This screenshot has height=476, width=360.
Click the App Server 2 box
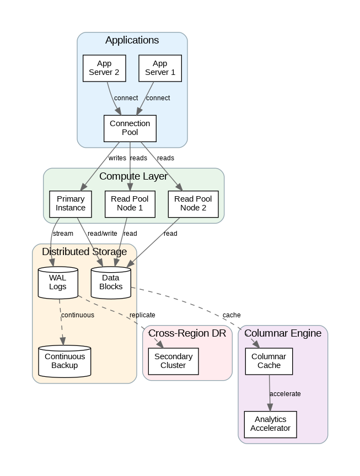click(104, 68)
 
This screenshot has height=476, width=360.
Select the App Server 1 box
click(160, 68)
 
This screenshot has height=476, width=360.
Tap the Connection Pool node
click(130, 128)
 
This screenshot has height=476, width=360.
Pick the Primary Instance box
click(71, 203)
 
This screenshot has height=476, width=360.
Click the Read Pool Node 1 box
click(130, 203)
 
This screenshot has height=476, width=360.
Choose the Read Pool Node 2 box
click(193, 203)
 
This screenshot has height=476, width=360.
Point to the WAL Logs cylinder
click(58, 283)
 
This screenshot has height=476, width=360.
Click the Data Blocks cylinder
click(111, 283)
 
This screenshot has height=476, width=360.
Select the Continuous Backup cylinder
click(65, 361)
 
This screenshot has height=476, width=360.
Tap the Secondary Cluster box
click(173, 361)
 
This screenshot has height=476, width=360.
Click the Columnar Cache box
click(269, 361)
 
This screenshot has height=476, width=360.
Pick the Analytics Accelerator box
click(270, 424)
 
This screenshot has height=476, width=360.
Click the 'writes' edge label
click(117, 158)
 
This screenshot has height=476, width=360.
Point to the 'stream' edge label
click(63, 234)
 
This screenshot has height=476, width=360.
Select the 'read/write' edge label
click(103, 234)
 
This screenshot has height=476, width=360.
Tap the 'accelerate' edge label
click(286, 394)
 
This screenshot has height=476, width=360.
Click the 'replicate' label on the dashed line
click(142, 315)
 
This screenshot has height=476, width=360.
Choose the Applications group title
click(132, 40)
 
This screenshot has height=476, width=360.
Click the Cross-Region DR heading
click(187, 333)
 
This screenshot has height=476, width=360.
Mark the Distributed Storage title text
click(84, 252)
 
